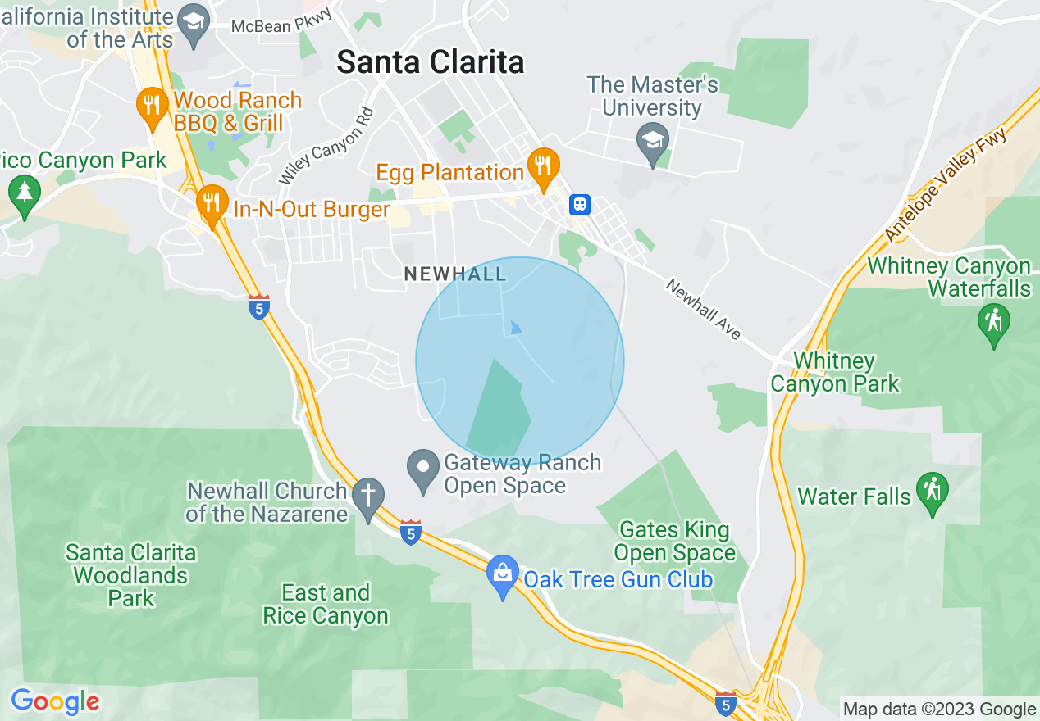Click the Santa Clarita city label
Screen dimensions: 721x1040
pos(431,62)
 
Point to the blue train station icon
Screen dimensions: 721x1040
pos(580,204)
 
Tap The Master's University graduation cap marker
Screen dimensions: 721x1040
pos(653,141)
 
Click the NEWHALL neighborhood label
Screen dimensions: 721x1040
pos(455,274)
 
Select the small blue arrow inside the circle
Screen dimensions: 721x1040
pos(515,328)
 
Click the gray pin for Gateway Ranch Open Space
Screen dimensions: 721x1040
pos(423,469)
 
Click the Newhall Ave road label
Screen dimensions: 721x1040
pos(703,310)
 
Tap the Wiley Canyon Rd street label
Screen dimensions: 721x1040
pos(327,146)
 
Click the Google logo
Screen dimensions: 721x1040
pos(55,701)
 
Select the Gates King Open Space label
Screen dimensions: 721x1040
pos(674,542)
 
